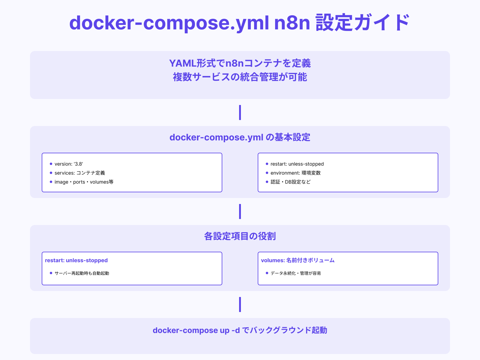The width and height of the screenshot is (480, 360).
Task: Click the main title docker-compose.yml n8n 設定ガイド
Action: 239,23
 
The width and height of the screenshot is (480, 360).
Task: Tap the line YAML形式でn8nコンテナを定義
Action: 240,63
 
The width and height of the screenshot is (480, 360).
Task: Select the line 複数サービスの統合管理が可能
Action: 240,77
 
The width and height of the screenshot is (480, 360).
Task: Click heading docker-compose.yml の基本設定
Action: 240,137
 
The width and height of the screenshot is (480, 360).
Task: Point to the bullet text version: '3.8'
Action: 69,164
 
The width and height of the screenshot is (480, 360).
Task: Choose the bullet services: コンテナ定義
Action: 80,173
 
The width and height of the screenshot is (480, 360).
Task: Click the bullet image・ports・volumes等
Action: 84,182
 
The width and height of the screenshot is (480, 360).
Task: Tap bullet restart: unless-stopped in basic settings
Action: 297,164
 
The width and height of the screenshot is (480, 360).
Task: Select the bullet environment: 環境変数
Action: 295,173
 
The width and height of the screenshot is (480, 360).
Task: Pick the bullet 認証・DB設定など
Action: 290,182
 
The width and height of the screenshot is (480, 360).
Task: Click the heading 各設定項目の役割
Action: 240,236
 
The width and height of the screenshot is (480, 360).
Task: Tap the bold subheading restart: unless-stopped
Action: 76,260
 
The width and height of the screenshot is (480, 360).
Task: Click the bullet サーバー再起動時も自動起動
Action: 82,273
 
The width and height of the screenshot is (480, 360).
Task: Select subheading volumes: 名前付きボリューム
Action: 298,260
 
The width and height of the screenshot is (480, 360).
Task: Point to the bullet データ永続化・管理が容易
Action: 295,273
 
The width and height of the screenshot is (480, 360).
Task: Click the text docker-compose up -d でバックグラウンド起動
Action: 240,330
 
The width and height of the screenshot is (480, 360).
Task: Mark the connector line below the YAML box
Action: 240,112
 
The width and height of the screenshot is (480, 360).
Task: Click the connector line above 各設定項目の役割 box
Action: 240,211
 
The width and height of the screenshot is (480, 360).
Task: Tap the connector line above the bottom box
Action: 240,304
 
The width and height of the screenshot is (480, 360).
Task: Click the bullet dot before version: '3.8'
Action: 51,164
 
